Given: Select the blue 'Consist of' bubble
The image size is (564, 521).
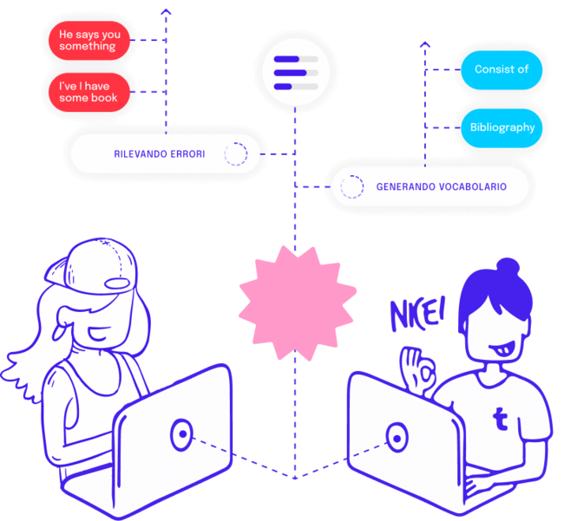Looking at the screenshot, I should (x=501, y=69).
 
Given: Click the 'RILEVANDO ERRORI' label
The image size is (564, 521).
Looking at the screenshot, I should (x=160, y=154).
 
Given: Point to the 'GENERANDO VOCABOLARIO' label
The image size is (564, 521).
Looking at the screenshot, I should (x=441, y=186).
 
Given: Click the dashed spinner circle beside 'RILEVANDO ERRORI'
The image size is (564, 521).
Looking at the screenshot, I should (x=235, y=154).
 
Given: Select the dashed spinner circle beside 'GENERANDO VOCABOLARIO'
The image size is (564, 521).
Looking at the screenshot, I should (x=351, y=186).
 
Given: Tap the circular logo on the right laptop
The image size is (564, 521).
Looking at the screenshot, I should (x=397, y=437).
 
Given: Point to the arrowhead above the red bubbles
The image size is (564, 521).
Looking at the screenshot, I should (x=167, y=11).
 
